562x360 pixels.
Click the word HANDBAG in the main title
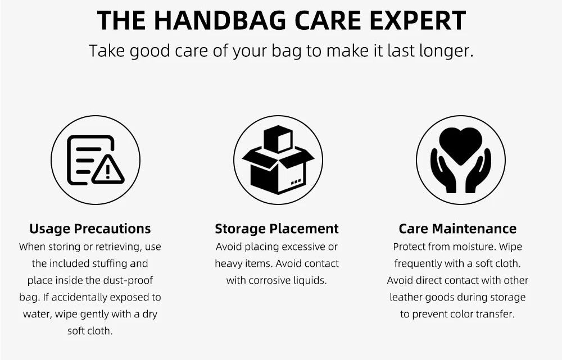point(220,20)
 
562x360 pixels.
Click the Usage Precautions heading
point(90,229)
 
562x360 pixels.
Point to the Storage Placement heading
point(277,229)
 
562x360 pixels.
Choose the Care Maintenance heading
point(457,229)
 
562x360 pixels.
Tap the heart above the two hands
point(461,145)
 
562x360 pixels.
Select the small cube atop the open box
point(278,139)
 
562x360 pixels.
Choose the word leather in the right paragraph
point(406,297)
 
